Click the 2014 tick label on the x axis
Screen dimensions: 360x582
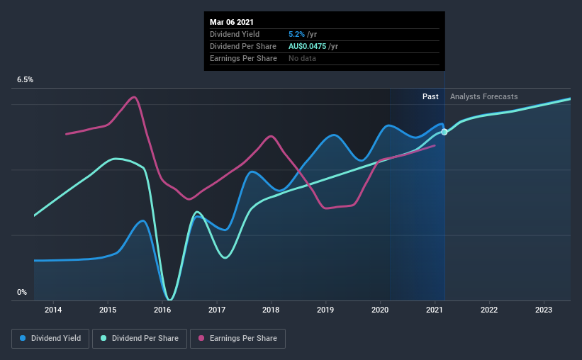click(52, 310)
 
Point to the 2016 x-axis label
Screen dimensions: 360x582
click(162, 310)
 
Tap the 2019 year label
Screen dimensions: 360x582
click(325, 310)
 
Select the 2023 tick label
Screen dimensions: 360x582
click(544, 310)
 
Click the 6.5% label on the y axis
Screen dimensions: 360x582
click(26, 80)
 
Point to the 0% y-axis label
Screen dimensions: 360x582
click(22, 292)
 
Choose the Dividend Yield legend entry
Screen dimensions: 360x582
click(50, 339)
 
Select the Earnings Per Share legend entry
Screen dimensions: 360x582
click(237, 339)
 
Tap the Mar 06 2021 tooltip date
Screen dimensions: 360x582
click(231, 21)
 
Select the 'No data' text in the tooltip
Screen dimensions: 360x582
click(303, 58)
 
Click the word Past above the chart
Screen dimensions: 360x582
click(430, 96)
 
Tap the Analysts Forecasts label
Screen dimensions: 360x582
click(484, 96)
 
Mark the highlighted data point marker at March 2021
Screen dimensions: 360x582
click(444, 132)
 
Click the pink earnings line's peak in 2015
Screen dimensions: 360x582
click(134, 97)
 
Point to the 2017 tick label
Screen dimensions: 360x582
click(217, 310)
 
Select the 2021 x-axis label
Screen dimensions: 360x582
click(435, 310)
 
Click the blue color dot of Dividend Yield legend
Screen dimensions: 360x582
click(24, 339)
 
